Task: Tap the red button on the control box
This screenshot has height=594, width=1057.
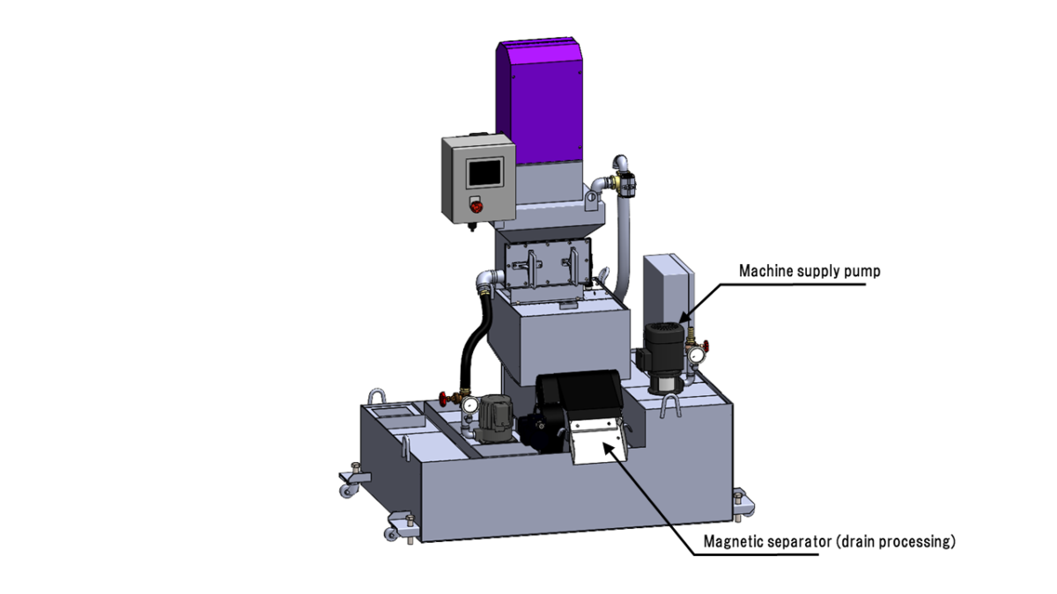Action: tap(476, 208)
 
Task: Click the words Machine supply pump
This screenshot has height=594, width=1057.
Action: tap(809, 271)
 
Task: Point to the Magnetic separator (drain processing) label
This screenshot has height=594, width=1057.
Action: tap(829, 542)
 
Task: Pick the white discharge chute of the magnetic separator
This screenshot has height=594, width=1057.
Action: tap(597, 443)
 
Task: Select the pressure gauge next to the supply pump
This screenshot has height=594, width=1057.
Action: tap(699, 355)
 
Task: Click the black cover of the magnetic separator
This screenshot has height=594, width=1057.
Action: tap(577, 396)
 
